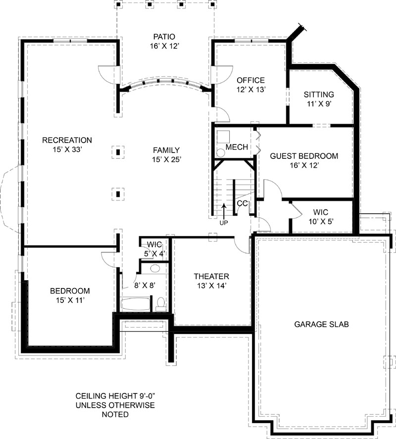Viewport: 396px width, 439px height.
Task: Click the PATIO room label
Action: coord(164,37)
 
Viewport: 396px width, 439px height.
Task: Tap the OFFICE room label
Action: coord(250,80)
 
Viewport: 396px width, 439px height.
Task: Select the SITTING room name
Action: coord(319,95)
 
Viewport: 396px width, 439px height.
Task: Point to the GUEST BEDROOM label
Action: coord(304,156)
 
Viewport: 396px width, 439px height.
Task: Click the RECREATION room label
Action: coord(67,140)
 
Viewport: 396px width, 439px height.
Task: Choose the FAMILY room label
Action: coord(166,150)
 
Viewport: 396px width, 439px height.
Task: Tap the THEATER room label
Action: coord(211,277)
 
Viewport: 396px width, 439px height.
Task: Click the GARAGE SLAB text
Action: coord(322,325)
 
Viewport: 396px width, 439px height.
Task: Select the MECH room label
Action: coord(237,147)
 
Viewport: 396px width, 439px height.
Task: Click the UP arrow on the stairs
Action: coord(224,210)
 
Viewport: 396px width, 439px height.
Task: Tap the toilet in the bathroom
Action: coord(161,304)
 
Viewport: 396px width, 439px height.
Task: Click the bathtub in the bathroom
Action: coord(135,304)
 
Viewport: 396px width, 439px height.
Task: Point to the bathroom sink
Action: coord(155,269)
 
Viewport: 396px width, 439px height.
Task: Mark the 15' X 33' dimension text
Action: coord(67,150)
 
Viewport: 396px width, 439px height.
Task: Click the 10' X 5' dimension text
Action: coord(321,222)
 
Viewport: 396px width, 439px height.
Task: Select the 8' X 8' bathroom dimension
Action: coord(145,286)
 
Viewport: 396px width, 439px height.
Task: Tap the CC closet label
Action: coord(242,203)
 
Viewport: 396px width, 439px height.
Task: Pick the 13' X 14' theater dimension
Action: coord(211,286)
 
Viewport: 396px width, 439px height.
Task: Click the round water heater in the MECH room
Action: coord(221,153)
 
